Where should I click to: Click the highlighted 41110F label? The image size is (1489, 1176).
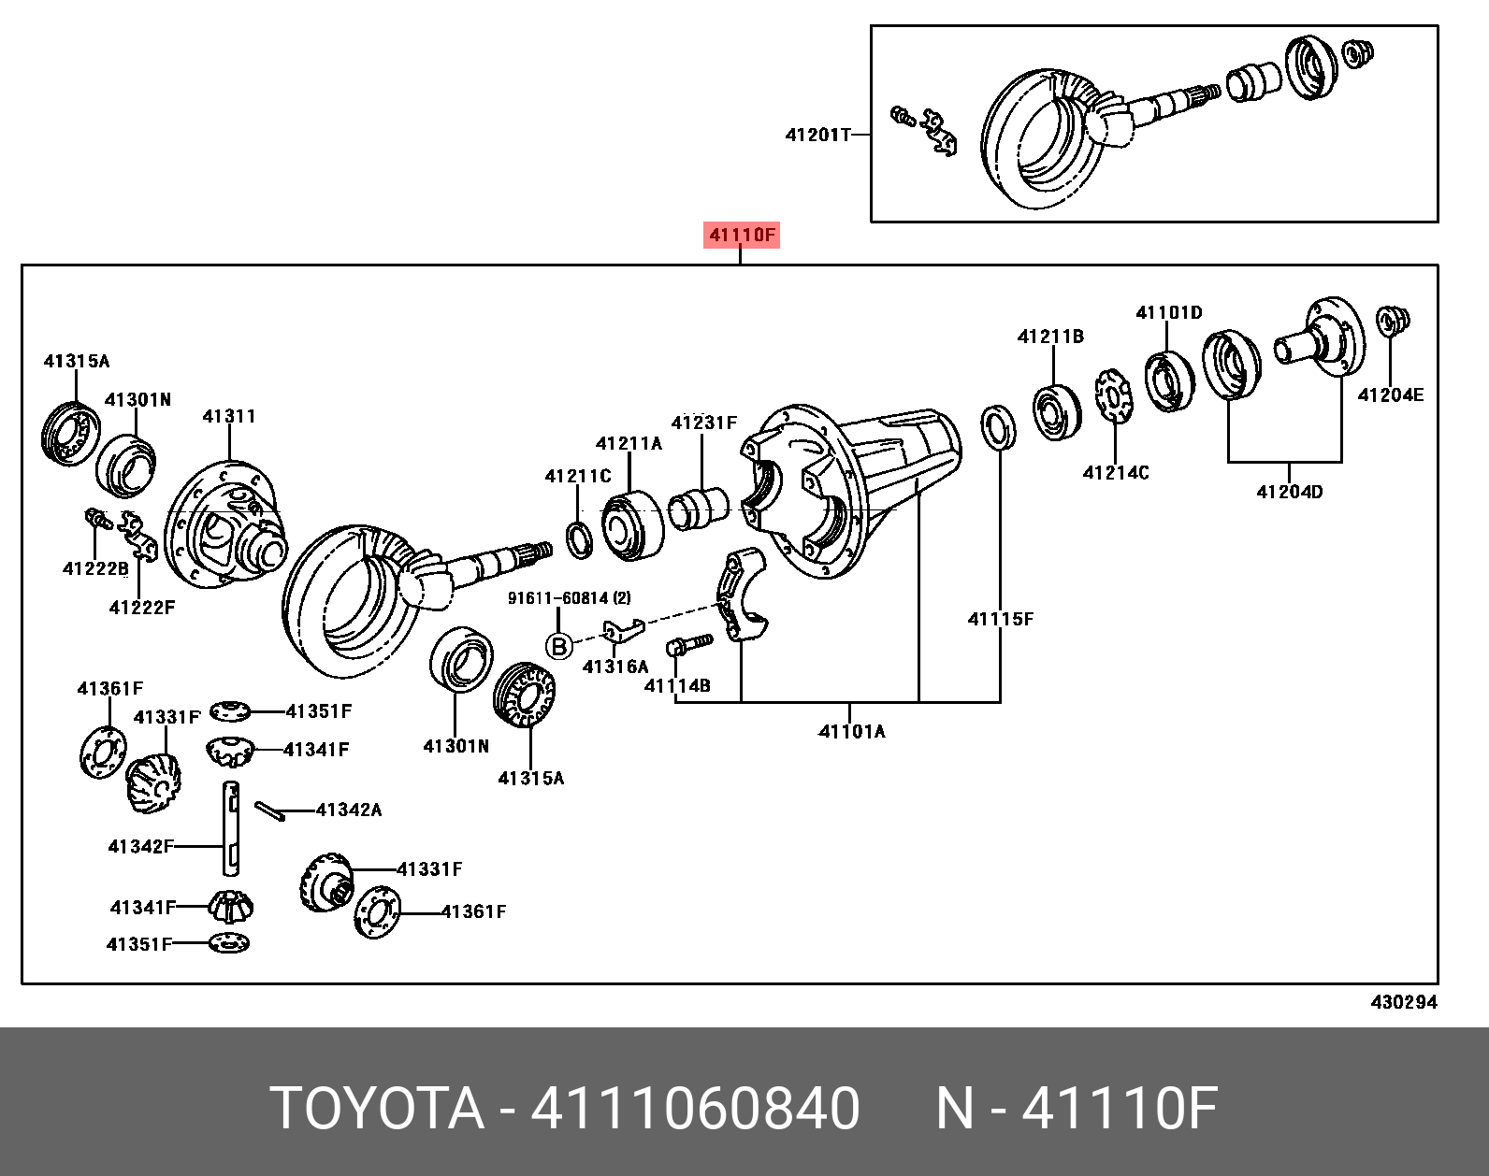(741, 236)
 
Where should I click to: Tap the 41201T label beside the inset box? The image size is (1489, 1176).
(817, 135)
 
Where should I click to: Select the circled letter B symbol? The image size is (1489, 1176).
(559, 647)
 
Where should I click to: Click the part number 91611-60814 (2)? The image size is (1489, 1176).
(569, 597)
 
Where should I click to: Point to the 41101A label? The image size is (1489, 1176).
(852, 731)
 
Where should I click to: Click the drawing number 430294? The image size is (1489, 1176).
(1404, 1002)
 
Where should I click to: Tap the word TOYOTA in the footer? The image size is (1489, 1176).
(376, 1109)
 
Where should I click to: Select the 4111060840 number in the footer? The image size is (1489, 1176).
(695, 1109)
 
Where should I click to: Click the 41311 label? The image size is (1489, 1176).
(229, 416)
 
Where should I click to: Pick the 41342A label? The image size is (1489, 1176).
(349, 810)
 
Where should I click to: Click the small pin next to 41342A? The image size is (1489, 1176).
(269, 810)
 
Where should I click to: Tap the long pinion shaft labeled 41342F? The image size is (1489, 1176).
(232, 828)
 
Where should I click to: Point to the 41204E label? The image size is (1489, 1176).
(1391, 395)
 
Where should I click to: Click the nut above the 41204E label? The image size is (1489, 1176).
(1392, 321)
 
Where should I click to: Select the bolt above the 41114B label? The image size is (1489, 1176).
(689, 644)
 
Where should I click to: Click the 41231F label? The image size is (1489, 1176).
(704, 422)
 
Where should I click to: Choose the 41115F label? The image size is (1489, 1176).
(1001, 619)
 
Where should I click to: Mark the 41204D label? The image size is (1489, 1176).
(1290, 492)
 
